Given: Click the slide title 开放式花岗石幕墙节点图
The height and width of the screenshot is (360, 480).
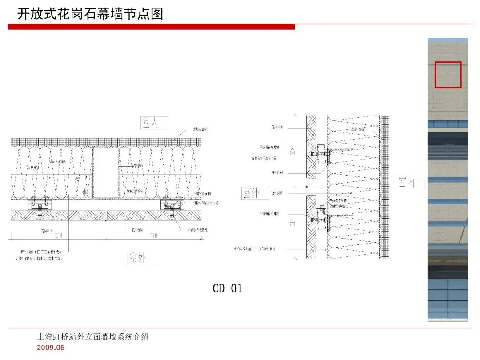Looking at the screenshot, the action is (x=90, y=14).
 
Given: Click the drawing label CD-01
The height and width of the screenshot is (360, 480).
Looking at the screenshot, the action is (x=227, y=288).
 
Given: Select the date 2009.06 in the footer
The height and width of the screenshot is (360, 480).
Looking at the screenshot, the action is (x=51, y=347).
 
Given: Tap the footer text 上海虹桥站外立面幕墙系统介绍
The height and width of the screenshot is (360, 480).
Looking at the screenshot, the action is (x=92, y=337).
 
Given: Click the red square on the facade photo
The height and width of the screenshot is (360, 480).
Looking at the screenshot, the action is (x=448, y=75).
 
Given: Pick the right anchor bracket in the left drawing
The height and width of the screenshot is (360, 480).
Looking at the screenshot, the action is (x=172, y=205).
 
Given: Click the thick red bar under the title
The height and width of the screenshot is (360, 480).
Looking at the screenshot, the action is (x=151, y=27).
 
